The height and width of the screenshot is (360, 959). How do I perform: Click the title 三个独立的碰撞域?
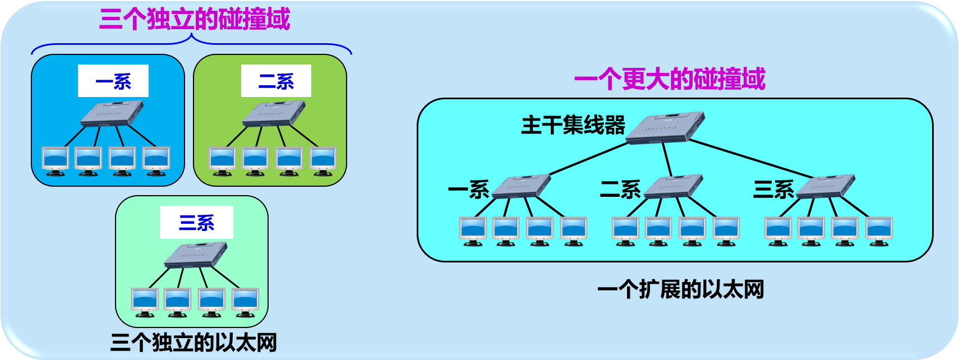tap(195, 19)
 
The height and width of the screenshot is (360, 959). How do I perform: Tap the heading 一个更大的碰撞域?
tap(670, 79)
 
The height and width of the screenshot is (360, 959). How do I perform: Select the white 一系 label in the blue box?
tap(113, 81)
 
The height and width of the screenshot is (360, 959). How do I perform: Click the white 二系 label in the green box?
tap(276, 81)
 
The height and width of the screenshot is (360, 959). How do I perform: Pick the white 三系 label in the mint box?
tap(196, 223)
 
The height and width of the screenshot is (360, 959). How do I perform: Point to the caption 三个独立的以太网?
tap(193, 342)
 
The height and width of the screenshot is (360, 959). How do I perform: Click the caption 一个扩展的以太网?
tap(680, 289)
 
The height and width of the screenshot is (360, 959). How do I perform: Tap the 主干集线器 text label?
tap(573, 124)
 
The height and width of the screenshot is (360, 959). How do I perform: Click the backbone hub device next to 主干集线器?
tap(665, 128)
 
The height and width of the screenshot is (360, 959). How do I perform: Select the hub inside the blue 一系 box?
tap(112, 114)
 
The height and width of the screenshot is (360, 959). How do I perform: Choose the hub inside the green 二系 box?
tap(274, 114)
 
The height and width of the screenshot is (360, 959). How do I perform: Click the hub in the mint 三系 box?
tap(196, 255)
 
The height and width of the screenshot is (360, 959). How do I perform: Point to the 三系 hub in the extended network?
tap(826, 187)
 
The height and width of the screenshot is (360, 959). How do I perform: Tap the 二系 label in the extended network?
tap(620, 190)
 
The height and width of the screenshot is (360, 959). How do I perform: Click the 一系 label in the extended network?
tap(468, 190)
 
